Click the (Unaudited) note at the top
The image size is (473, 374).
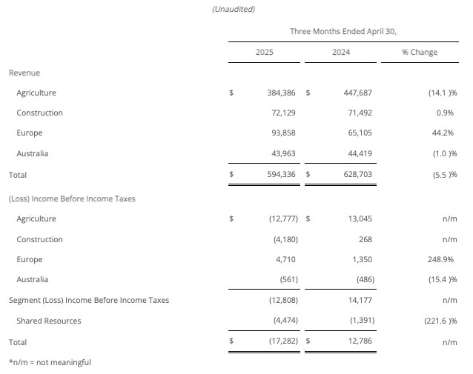[x=234, y=10]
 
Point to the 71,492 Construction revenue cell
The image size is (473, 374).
[x=357, y=113]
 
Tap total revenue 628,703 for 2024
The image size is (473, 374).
[x=356, y=175]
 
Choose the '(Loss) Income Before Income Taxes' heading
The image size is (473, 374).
[x=72, y=199]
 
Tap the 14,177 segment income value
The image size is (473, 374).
[x=358, y=301]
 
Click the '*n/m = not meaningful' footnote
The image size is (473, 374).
[x=50, y=362]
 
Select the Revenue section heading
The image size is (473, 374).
[x=24, y=73]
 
